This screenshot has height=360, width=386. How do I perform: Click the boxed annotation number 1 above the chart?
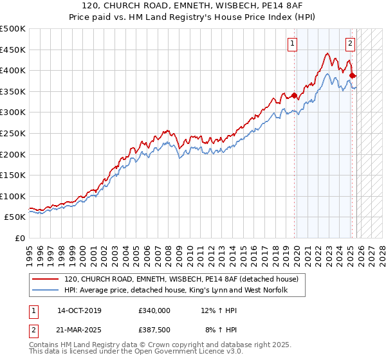click(292, 44)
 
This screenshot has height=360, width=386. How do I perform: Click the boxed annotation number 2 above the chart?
click(350, 44)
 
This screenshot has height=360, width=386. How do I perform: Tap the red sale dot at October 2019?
click(295, 96)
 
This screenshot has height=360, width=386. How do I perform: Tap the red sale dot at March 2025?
click(353, 76)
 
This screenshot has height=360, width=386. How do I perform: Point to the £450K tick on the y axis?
click(13, 50)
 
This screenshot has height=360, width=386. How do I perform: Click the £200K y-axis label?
click(13, 154)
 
